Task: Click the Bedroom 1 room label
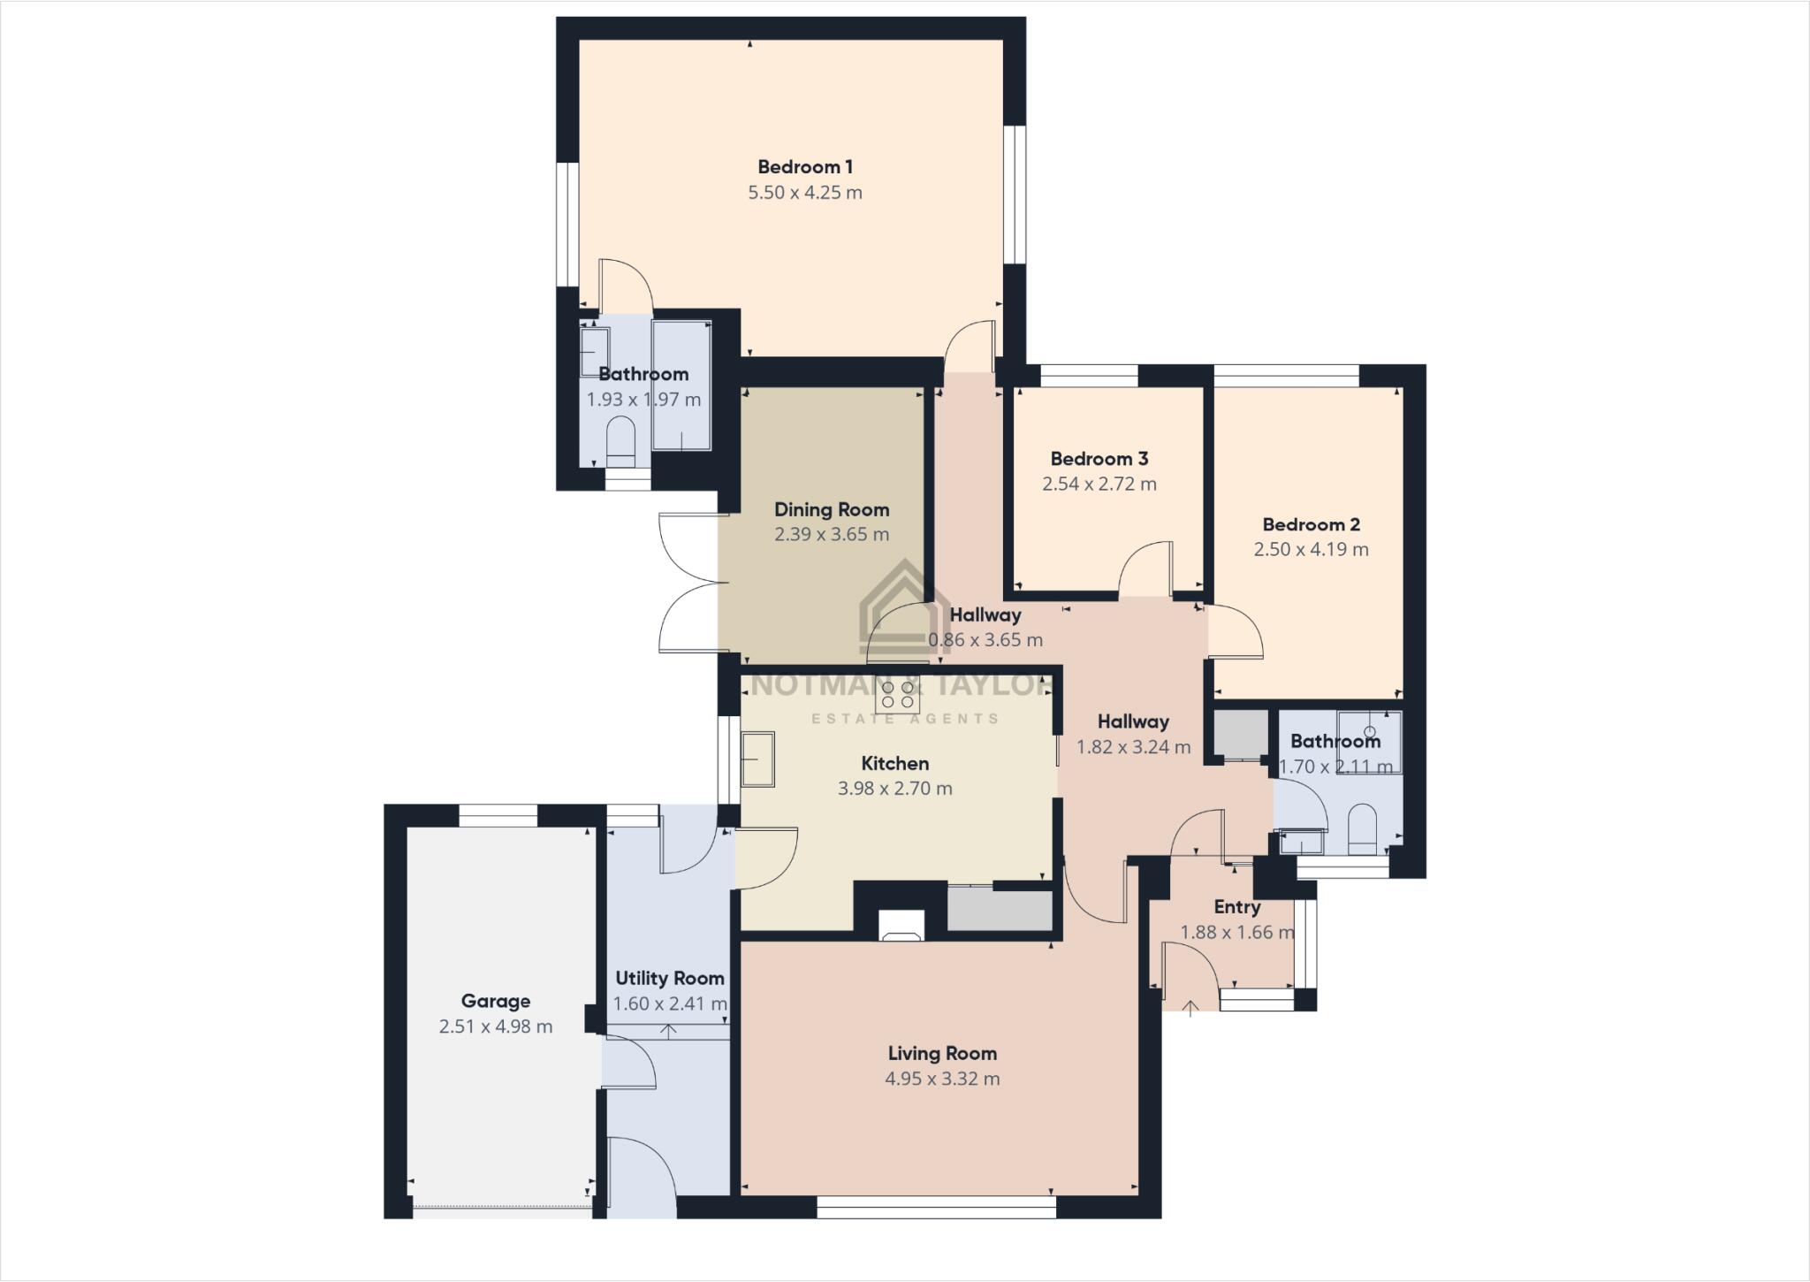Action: point(805,166)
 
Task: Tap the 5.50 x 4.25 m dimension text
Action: point(805,192)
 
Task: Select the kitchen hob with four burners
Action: point(897,695)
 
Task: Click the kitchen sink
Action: point(757,759)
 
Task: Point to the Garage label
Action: point(496,1001)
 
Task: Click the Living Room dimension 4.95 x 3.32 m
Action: point(942,1079)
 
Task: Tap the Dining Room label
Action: point(832,509)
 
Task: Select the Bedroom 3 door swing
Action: point(1147,569)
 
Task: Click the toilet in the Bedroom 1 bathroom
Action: point(621,440)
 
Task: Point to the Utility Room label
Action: point(670,978)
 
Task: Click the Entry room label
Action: point(1236,907)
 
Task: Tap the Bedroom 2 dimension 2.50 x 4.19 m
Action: point(1311,549)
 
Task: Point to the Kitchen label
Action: point(895,763)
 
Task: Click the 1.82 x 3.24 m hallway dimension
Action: point(1133,747)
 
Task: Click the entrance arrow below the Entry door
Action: point(1190,1007)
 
